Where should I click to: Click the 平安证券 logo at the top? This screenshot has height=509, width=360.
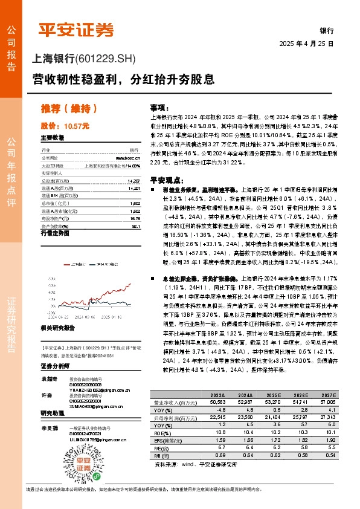pos(76,29)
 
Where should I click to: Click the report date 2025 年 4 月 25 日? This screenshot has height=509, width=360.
pos(306,45)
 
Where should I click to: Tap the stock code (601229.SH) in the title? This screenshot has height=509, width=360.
pos(106,59)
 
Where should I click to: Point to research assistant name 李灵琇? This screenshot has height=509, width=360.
pos(50,428)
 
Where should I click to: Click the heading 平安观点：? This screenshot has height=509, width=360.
pos(166,180)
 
